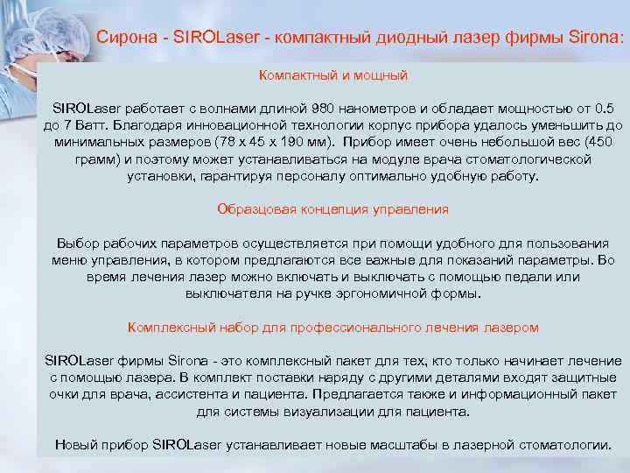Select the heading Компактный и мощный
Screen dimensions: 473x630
pos(332,76)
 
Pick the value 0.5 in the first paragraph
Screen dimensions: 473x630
pos(603,109)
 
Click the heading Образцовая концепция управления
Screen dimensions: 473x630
pos(332,210)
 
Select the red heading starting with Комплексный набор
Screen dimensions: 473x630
pos(332,327)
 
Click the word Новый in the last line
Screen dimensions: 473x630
pos(73,444)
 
